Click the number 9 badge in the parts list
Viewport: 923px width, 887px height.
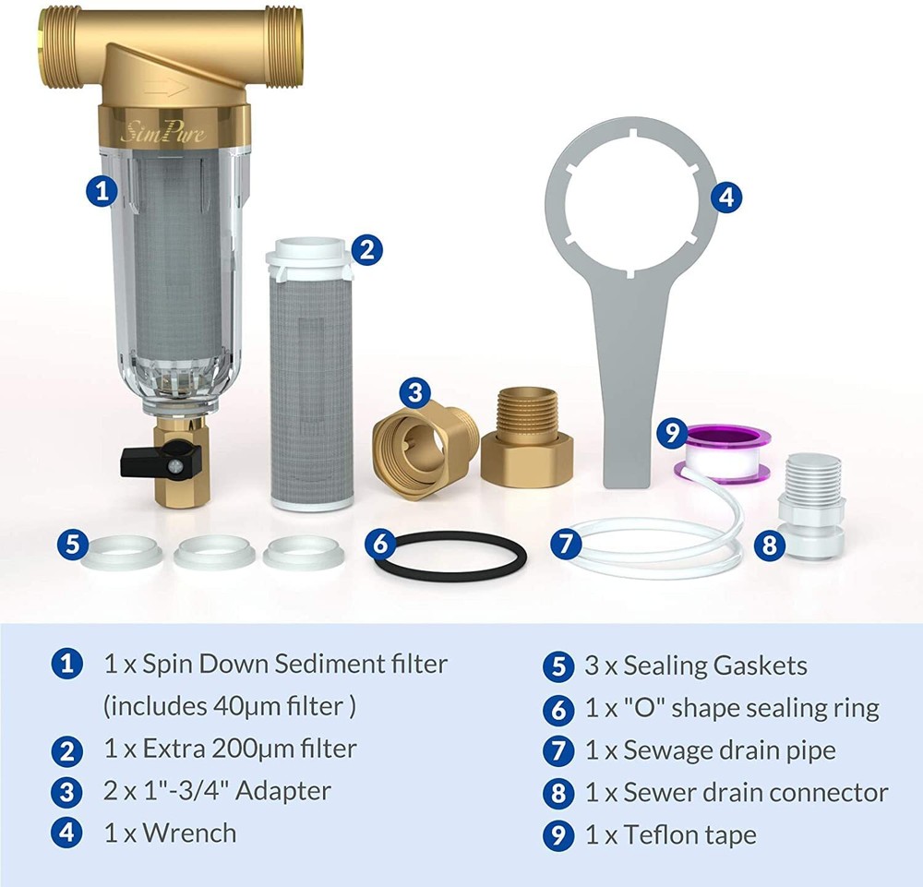pyautogui.click(x=557, y=834)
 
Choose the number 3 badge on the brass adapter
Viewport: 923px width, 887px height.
pyautogui.click(x=416, y=392)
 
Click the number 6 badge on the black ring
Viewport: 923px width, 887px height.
pyautogui.click(x=381, y=543)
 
